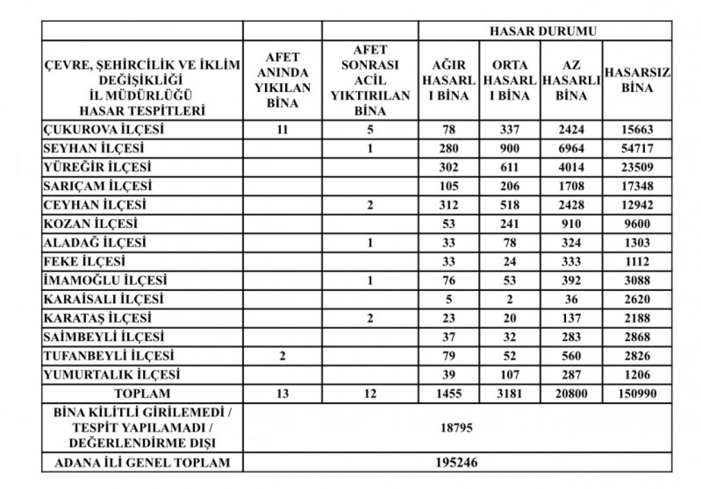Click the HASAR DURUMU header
click(x=542, y=31)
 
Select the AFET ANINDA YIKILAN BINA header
click(x=282, y=81)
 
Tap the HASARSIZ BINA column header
click(x=637, y=81)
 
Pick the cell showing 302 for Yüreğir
click(x=449, y=168)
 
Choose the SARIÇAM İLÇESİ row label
click(x=98, y=186)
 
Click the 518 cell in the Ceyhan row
click(x=509, y=206)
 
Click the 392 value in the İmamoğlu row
click(x=571, y=281)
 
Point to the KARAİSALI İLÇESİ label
click(x=104, y=299)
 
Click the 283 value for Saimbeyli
click(x=571, y=337)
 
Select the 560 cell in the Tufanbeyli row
click(x=571, y=356)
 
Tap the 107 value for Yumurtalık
click(x=509, y=375)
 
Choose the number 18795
click(x=456, y=428)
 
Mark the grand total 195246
click(x=456, y=463)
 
